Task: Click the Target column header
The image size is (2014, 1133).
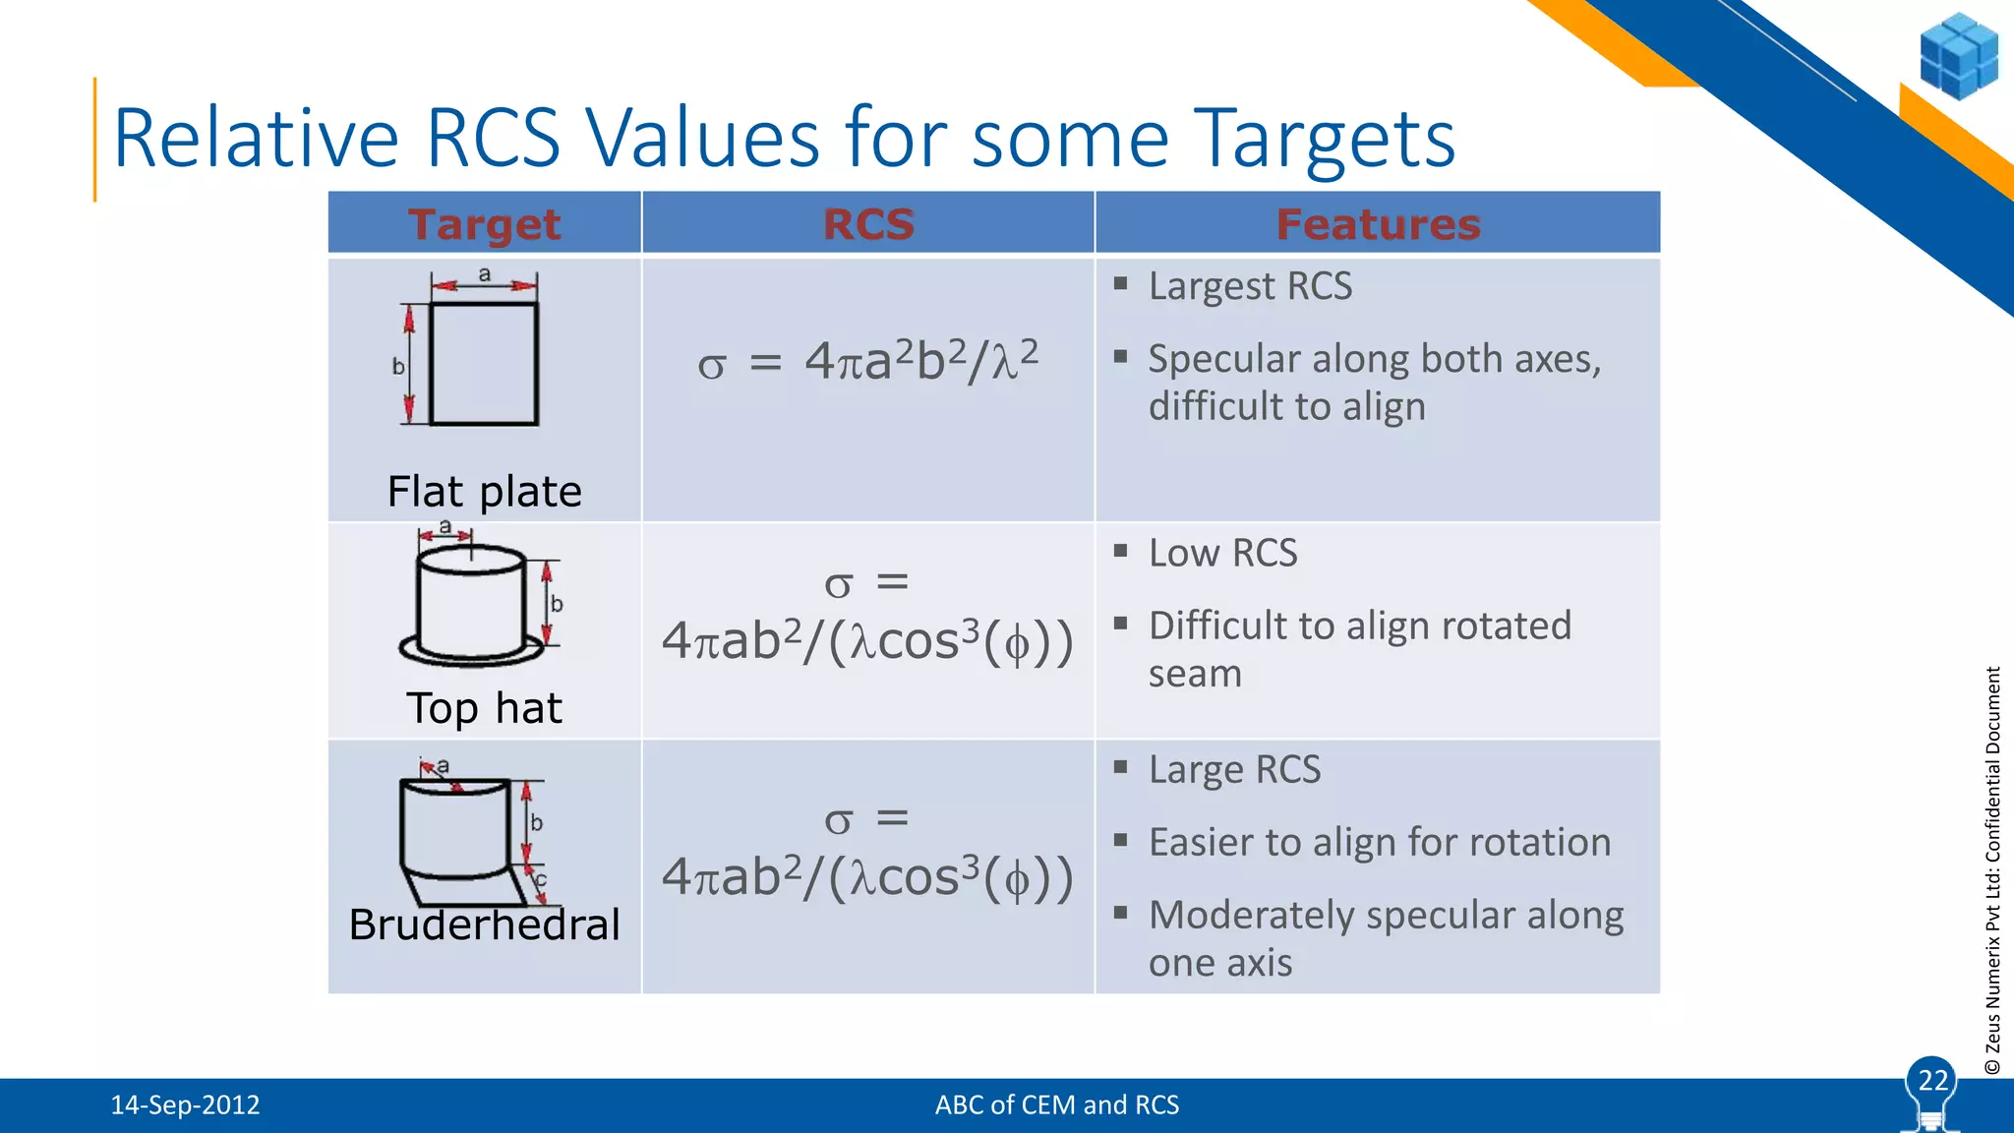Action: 484,224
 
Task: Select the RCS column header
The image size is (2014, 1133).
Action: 867,224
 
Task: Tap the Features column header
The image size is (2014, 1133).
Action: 1378,224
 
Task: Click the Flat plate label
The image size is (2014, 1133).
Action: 484,491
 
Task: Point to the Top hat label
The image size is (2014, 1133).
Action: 484,708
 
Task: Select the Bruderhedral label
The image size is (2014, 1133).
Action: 484,924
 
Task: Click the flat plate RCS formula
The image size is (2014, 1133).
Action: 867,361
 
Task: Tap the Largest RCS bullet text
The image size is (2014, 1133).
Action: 1250,286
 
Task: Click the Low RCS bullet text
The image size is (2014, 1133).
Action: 1222,553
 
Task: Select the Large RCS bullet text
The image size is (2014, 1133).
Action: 1234,769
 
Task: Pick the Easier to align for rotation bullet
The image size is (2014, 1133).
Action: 1379,842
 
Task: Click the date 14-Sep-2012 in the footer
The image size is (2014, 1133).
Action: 185,1104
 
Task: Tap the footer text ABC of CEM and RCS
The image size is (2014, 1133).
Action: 1056,1104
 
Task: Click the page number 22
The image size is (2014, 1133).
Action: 1932,1081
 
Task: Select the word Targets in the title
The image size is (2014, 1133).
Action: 1324,138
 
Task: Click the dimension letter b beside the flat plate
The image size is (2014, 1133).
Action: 398,367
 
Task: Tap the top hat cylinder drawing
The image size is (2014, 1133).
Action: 470,606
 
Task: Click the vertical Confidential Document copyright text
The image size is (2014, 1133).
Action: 1992,870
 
